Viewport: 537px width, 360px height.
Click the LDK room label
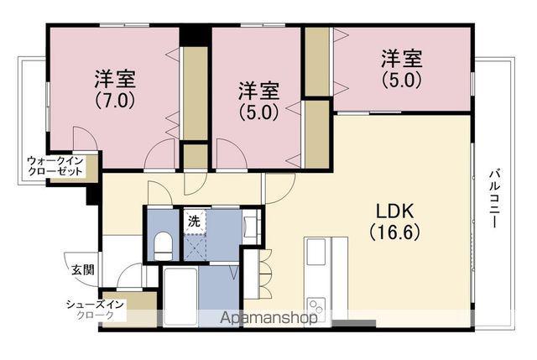tap(395, 211)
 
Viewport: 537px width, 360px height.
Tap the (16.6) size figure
tap(395, 232)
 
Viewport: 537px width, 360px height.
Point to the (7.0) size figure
tap(115, 100)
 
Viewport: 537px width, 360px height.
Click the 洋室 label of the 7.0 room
tap(115, 79)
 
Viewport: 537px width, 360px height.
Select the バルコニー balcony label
tap(493, 198)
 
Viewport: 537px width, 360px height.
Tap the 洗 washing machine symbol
tap(194, 222)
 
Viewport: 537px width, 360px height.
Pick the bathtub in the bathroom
tap(180, 296)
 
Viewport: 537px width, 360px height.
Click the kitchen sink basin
tap(315, 252)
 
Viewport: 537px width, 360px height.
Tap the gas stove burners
tap(315, 308)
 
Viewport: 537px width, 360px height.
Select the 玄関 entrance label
tap(83, 270)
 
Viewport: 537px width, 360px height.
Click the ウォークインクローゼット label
tap(55, 165)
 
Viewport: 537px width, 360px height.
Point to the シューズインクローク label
tap(95, 310)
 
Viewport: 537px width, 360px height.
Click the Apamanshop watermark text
tap(268, 318)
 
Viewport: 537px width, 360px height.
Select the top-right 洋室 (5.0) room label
tap(401, 69)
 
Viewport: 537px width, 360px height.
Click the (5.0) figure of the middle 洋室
tap(259, 112)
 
